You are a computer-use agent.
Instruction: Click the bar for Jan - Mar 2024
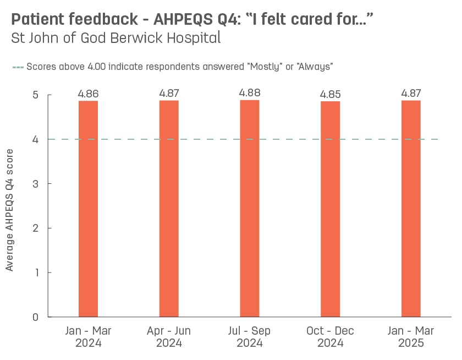(x=88, y=209)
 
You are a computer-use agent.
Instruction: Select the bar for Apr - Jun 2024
(x=169, y=209)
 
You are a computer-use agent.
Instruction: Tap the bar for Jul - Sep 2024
(x=250, y=209)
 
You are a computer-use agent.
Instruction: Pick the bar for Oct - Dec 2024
(x=330, y=209)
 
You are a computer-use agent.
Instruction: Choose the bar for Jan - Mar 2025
(x=411, y=209)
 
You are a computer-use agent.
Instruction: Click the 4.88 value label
(x=250, y=92)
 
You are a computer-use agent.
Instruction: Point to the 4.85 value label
(x=330, y=94)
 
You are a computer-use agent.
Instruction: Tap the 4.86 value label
(x=88, y=94)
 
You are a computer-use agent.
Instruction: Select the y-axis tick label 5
(x=35, y=95)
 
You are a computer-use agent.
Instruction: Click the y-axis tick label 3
(x=35, y=183)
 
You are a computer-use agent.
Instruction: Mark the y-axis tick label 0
(x=35, y=317)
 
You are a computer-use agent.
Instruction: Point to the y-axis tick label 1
(x=35, y=272)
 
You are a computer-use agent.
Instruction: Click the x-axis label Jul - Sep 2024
(x=250, y=337)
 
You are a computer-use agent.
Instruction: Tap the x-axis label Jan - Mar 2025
(x=411, y=337)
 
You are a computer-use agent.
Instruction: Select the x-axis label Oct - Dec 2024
(x=330, y=337)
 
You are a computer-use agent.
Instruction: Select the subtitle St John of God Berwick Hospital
(x=116, y=39)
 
